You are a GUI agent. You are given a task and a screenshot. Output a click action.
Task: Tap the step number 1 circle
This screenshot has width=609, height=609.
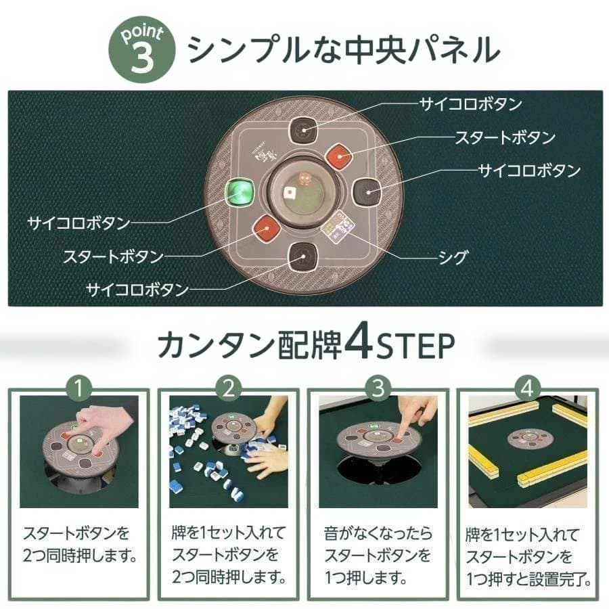81,389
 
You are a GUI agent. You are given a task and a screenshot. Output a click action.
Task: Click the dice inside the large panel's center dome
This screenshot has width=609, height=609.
304,181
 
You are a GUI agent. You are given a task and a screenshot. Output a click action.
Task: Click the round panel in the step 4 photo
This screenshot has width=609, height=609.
526,439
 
